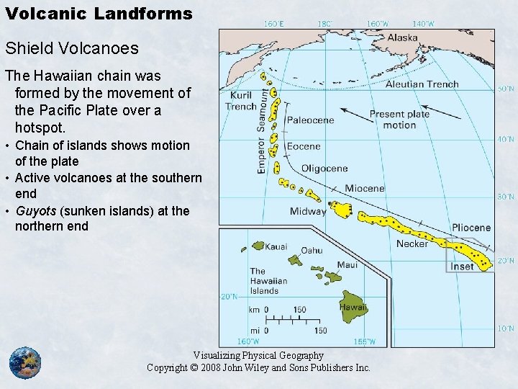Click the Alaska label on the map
pos(402,38)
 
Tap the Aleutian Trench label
pos(422,84)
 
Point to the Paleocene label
pos(311,120)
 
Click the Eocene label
pos(304,146)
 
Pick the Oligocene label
pos(324,169)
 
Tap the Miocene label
pos(364,189)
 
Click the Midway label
pos(308,211)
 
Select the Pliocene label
pos(471,228)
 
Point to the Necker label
pos(412,243)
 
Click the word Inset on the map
pos(462,266)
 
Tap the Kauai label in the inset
pos(276,246)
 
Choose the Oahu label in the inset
pos(312,250)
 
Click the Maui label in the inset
pos(347,264)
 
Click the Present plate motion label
pos(399,119)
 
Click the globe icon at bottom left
pos(25,362)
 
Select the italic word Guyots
pos(34,210)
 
